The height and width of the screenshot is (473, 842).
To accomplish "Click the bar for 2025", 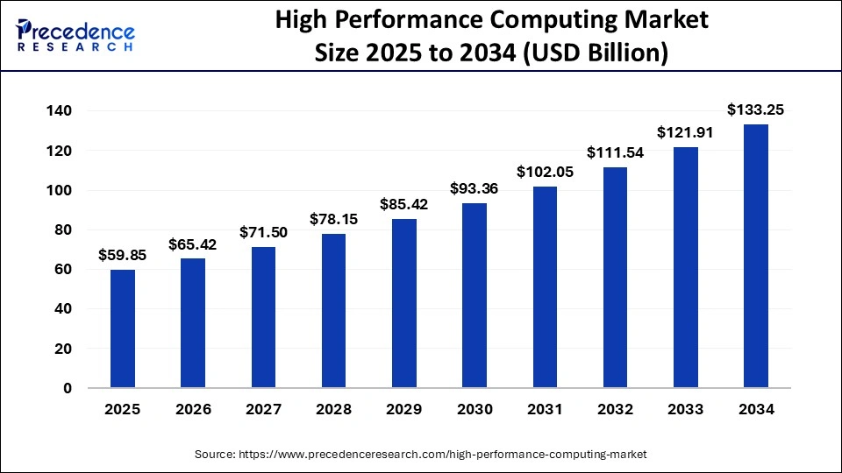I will click(x=123, y=328).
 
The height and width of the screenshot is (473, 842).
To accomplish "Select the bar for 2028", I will click(x=334, y=310).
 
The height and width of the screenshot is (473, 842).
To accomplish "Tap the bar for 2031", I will click(x=545, y=286).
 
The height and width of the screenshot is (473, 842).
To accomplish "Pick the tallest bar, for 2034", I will click(x=755, y=256).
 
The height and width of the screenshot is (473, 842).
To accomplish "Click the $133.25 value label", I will click(x=755, y=109).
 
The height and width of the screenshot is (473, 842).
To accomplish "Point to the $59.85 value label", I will click(x=123, y=255).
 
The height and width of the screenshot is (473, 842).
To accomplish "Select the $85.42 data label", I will click(x=404, y=204).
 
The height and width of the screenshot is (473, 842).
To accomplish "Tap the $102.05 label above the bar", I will click(x=545, y=172).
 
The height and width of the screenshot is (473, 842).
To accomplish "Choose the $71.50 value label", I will click(x=264, y=232).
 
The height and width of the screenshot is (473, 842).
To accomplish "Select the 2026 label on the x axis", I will click(x=193, y=409).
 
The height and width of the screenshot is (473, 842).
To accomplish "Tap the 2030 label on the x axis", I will click(x=475, y=409).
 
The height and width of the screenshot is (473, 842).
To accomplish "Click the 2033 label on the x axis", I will click(x=685, y=409).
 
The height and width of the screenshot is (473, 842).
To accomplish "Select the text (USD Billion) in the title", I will click(x=596, y=53).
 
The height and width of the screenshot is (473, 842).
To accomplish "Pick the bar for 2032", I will click(x=615, y=277).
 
